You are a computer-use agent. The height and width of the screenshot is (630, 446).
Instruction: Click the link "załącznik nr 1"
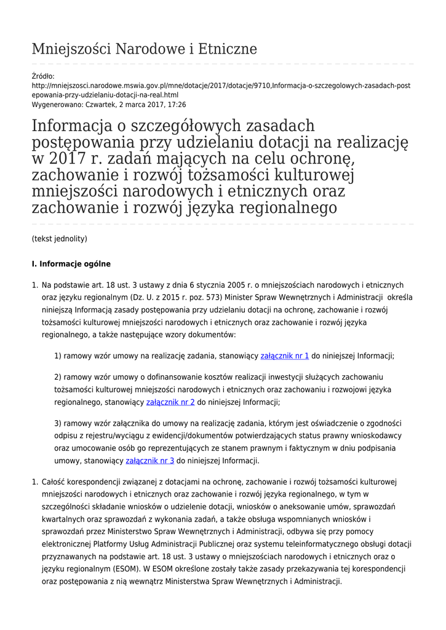coord(285,356)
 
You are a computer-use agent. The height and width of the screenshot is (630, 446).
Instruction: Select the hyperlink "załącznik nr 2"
coord(170,402)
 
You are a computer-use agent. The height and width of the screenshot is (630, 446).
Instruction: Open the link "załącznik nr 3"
coord(149,460)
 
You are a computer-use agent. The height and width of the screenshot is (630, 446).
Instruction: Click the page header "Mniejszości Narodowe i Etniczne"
coord(144,49)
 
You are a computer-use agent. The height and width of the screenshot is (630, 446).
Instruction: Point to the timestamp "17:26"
coord(177,105)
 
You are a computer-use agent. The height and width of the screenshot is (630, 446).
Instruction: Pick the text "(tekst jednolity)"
coord(59,238)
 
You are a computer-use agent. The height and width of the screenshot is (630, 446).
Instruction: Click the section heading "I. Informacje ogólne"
coord(71,264)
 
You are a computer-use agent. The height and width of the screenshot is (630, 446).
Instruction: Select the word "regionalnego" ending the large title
coord(285,207)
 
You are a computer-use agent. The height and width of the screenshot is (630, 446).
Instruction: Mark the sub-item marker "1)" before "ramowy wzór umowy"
coord(58,356)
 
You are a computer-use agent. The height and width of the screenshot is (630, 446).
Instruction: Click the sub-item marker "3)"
coord(58,423)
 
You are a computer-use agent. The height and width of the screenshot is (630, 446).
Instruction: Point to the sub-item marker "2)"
coord(58,377)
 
